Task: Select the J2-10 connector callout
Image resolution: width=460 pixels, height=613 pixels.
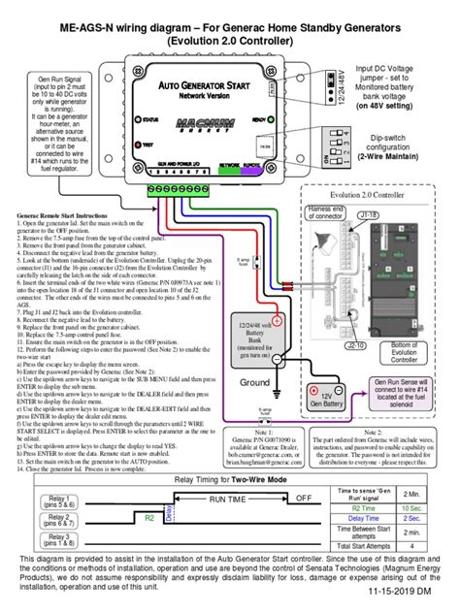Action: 356,316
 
